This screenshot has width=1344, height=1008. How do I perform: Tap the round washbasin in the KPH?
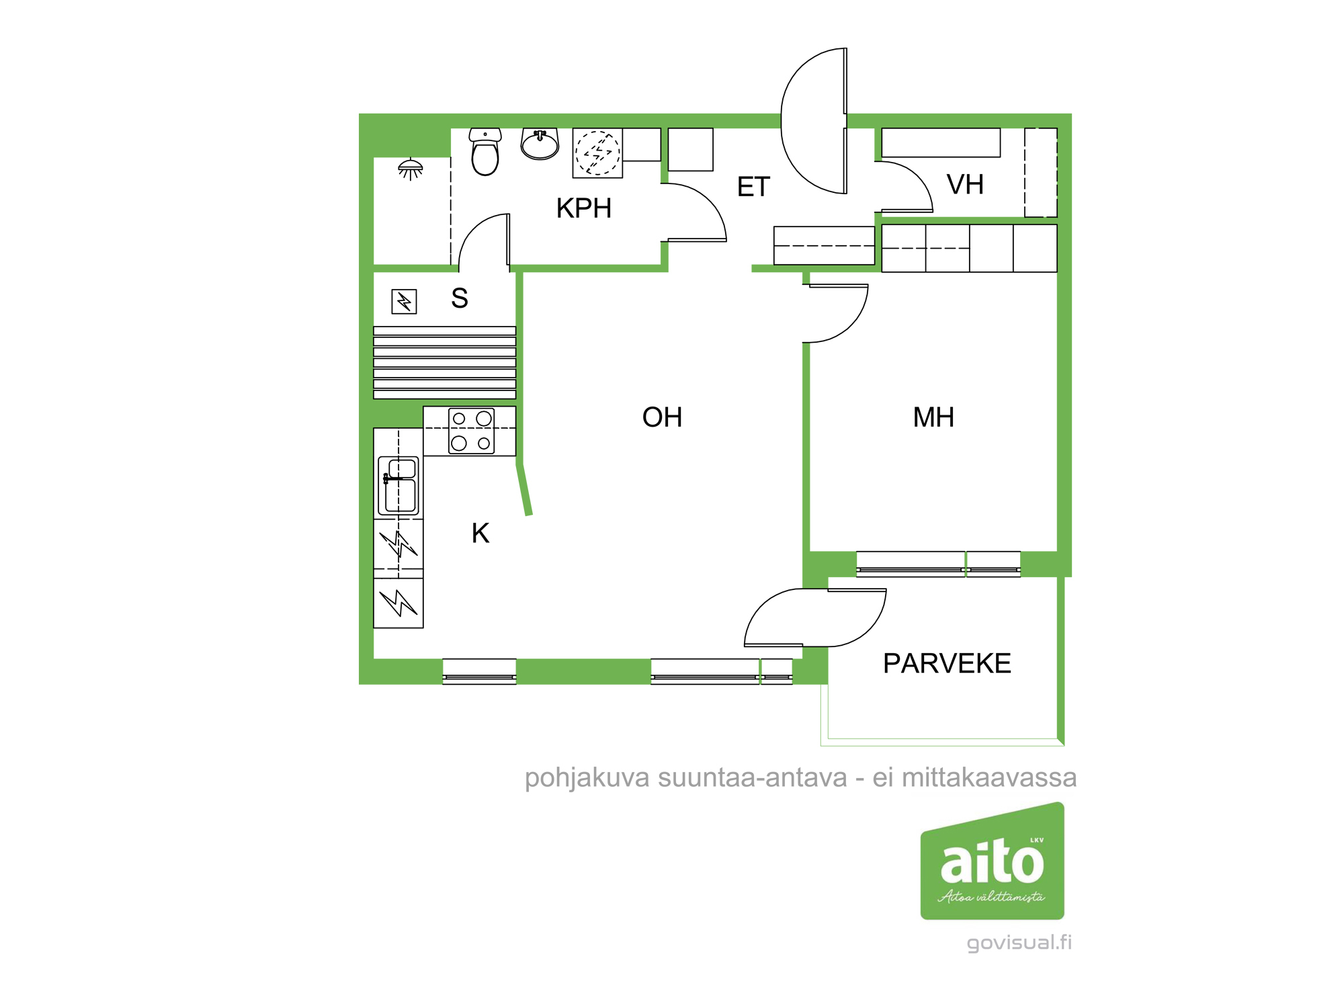(540, 144)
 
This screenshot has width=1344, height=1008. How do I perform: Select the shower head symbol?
(411, 168)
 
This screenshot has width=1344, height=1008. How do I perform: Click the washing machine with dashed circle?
(597, 153)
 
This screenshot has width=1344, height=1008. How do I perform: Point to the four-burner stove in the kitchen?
(471, 431)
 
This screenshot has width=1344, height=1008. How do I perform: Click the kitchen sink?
(398, 485)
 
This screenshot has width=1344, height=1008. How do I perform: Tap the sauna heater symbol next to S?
(404, 302)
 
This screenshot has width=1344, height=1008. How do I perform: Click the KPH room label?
(583, 208)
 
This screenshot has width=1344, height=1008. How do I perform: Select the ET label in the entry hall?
(753, 187)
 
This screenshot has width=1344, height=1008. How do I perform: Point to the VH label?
(965, 185)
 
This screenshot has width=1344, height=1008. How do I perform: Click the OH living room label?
(662, 417)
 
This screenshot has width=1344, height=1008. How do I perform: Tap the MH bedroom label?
(933, 417)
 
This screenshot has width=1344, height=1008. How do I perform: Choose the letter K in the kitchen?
(480, 534)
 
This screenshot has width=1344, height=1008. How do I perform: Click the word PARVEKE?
(947, 664)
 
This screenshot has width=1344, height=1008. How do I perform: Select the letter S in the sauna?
(460, 298)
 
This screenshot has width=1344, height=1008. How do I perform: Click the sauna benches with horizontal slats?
(444, 363)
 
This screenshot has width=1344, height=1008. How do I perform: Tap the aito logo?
(992, 862)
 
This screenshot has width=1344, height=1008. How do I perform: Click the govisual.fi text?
(1019, 943)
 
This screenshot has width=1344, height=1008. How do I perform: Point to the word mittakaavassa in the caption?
(989, 778)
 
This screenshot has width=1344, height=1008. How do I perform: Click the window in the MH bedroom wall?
(938, 564)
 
